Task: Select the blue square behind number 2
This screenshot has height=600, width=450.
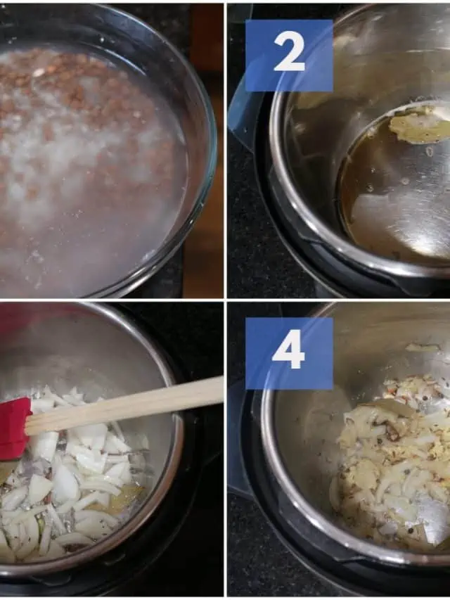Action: click(x=289, y=56)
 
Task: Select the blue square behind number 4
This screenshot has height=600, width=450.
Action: click(x=289, y=353)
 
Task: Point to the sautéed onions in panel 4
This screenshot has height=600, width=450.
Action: click(x=394, y=459)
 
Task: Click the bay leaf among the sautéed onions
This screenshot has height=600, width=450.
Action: click(x=390, y=407)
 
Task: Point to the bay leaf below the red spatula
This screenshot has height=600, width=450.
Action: click(x=7, y=471)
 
